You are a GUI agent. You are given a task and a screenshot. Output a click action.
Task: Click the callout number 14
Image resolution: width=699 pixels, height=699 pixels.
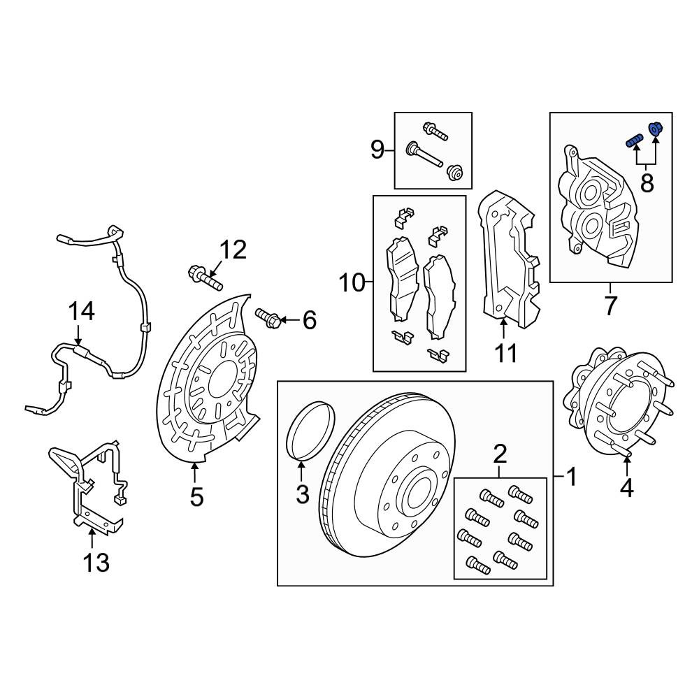(x=81, y=311)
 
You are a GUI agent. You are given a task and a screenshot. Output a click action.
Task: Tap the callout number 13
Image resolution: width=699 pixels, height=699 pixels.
(x=96, y=563)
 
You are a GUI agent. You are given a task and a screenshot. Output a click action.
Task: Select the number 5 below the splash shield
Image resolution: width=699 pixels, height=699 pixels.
(x=196, y=497)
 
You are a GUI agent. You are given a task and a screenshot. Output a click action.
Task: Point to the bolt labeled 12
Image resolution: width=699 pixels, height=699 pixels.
(x=205, y=278)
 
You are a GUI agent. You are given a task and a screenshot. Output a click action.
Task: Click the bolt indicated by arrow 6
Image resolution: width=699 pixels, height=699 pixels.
(x=268, y=318)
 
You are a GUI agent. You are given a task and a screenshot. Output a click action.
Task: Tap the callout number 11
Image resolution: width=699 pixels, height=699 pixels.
(x=506, y=354)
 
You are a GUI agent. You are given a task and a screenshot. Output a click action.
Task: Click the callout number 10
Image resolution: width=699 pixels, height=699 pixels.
(x=352, y=282)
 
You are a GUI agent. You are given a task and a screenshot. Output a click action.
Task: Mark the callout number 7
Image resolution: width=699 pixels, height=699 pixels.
(x=610, y=306)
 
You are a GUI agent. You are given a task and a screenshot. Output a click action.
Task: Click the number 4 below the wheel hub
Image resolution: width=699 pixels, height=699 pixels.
(x=626, y=488)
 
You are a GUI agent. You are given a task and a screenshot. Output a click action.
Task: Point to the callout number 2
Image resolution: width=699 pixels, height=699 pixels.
(x=500, y=454)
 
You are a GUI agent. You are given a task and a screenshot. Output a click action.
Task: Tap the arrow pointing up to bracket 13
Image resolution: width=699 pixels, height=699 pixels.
(x=92, y=538)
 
